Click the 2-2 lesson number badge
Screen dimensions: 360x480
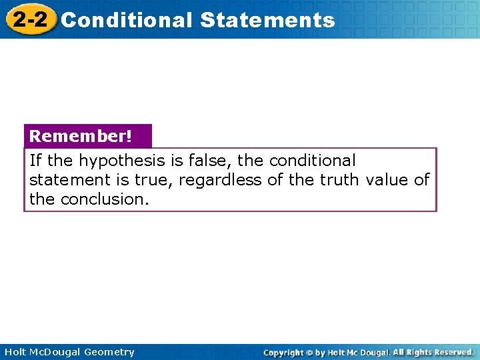tap(29, 19)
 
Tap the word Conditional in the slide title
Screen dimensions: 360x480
tap(126, 20)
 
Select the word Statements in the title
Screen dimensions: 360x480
tap(267, 20)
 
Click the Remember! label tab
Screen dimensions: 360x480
tap(81, 136)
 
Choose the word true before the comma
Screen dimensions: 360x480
tap(155, 180)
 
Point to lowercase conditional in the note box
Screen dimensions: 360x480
tap(313, 161)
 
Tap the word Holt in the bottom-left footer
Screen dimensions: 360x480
tap(15, 352)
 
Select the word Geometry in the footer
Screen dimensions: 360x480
tap(109, 352)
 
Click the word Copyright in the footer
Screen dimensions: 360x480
tap(283, 352)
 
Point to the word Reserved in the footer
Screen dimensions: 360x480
tap(451, 352)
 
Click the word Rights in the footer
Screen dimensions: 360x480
tap(417, 352)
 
